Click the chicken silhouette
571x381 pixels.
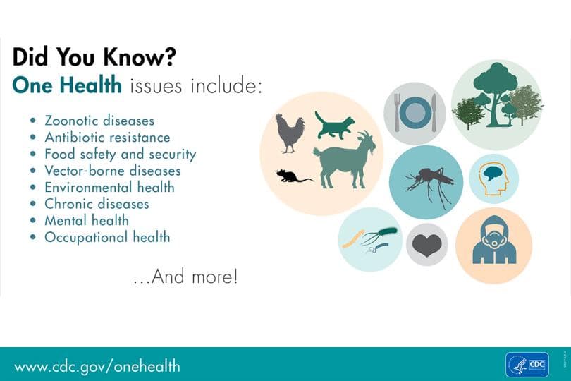(x=289, y=132)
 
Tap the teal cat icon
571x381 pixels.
(x=334, y=126)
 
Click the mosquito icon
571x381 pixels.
(x=427, y=183)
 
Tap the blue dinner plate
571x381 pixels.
(x=416, y=113)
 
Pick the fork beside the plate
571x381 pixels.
(x=398, y=113)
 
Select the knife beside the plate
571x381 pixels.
(x=434, y=113)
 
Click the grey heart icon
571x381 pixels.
(x=426, y=245)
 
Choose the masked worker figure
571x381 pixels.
(x=493, y=243)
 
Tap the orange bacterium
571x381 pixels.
(x=352, y=238)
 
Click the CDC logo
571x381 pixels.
(x=527, y=365)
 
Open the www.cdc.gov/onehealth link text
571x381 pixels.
(x=97, y=366)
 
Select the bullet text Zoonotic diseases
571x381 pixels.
(x=99, y=121)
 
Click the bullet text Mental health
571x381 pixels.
(x=87, y=220)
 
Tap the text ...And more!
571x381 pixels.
(x=185, y=277)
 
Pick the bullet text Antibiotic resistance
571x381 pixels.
(x=107, y=138)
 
